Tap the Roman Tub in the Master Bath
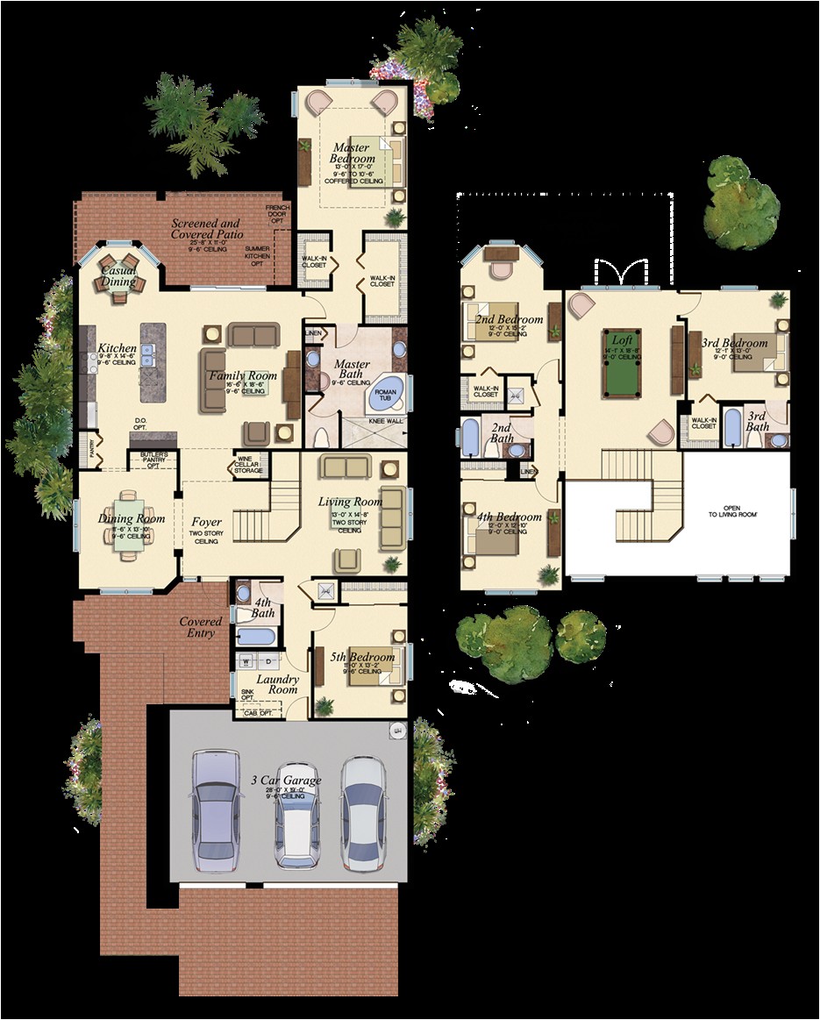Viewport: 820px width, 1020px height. click(387, 396)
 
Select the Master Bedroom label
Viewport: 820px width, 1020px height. click(352, 153)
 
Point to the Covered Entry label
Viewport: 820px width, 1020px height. click(201, 627)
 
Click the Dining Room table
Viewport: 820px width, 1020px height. click(130, 525)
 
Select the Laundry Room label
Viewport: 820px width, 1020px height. click(277, 684)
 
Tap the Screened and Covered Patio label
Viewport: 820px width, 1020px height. click(205, 229)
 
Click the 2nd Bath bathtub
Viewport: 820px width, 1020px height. click(470, 438)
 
